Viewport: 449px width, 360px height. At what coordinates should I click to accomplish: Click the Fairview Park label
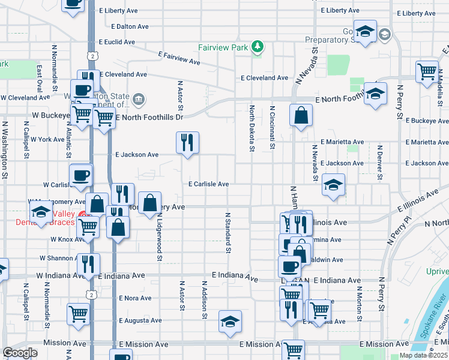point(224,47)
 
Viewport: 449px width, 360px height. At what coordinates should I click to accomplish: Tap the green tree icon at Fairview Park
point(258,46)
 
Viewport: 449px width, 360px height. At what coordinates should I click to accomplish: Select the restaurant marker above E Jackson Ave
point(187,143)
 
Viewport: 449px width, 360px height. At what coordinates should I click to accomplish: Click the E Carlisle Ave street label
point(209,184)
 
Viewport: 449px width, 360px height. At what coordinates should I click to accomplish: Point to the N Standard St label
point(228,232)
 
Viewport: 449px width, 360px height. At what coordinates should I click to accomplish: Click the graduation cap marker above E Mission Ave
point(230,322)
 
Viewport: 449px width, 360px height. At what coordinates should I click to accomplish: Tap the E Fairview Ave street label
point(179,57)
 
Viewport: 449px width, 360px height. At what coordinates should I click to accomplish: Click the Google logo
point(20,353)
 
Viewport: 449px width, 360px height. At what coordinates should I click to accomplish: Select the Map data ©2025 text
point(423,355)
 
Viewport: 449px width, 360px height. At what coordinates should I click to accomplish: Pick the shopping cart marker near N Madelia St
point(427,71)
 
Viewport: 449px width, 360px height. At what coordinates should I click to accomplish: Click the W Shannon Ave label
point(57,258)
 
